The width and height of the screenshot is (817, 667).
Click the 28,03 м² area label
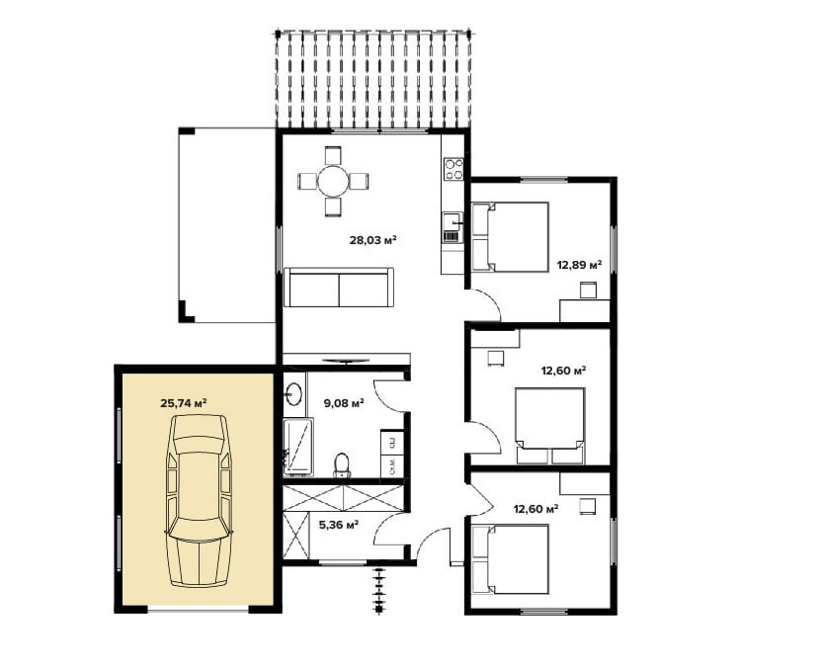coord(373,240)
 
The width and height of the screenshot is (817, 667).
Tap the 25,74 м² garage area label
coord(184,403)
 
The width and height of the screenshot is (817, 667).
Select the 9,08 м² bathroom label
coord(344,403)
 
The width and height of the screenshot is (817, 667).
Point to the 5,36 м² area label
coord(339,525)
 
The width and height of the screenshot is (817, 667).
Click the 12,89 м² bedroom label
coord(579,265)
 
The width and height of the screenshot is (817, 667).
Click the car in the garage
coord(199,501)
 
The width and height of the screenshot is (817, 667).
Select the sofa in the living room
coord(339,288)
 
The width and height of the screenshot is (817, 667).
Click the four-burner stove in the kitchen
coord(453,169)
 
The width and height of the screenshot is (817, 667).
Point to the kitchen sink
coord(452,222)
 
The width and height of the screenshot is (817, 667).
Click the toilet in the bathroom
coord(342,465)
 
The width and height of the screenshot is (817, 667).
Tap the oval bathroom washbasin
coord(293,394)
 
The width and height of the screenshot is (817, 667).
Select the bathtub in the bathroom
coord(298,447)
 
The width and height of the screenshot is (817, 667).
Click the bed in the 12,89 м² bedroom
coord(510,237)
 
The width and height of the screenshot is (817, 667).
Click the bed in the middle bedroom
coord(549,426)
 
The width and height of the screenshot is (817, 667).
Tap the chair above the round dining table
coord(333,156)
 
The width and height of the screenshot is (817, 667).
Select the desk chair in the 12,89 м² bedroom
coord(588,290)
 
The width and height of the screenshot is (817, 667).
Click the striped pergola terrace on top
coord(373,78)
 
